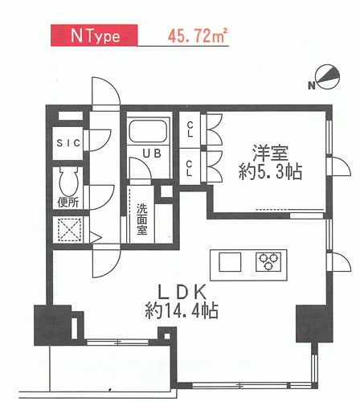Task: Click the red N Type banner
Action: (94, 35)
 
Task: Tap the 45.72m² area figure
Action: (198, 35)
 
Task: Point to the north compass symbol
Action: (325, 77)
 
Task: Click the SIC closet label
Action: (68, 143)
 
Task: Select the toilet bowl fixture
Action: (68, 181)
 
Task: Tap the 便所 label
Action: (68, 203)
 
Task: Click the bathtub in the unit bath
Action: (148, 132)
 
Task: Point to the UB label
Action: (152, 154)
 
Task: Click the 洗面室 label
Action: (142, 219)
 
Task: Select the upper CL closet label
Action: (190, 129)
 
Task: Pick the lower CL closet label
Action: (190, 168)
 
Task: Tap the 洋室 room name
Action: (270, 154)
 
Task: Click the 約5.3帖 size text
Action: (270, 172)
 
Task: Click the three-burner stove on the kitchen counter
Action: (268, 262)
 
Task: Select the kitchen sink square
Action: (230, 262)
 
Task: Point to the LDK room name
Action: (182, 292)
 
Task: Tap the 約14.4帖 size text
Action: (182, 310)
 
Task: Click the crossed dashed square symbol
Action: (70, 230)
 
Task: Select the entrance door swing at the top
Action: (106, 91)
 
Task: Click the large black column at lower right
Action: (314, 324)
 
